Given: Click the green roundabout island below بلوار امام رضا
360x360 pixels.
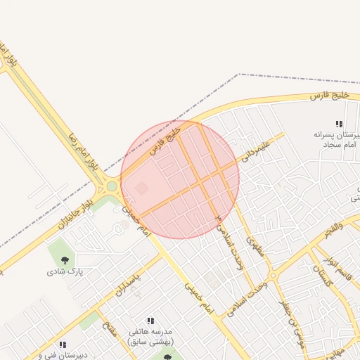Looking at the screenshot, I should pyautogui.click(x=111, y=187).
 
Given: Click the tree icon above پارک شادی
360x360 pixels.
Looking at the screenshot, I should pyautogui.click(x=65, y=259).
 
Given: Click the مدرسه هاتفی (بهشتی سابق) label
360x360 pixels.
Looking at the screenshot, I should pyautogui.click(x=153, y=336).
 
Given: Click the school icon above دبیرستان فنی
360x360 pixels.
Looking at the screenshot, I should pyautogui.click(x=63, y=345).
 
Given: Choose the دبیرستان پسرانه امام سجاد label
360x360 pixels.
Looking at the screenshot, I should pyautogui.click(x=335, y=139).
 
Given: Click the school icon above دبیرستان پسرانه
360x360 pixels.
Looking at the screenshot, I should pyautogui.click(x=338, y=124).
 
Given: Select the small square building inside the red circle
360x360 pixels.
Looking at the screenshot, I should pyautogui.click(x=142, y=188).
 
